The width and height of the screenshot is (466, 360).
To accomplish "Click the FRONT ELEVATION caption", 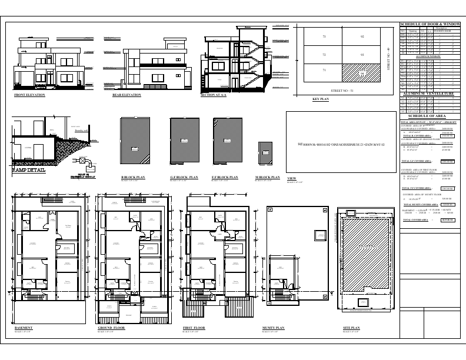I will click(29, 95).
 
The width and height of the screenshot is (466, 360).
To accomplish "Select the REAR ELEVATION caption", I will click(127, 95).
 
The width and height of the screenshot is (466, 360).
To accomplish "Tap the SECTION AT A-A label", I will click(214, 95).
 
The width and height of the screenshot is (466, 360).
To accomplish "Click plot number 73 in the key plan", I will click(324, 37).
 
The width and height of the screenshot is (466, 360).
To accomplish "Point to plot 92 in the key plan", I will click(362, 37).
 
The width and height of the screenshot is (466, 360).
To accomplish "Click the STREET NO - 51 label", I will click(342, 91).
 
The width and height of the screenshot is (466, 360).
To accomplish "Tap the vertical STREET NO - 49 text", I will click(389, 59).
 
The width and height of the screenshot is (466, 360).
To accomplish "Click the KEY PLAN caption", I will click(321, 100).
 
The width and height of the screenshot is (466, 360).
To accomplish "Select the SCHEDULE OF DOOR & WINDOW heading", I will click(431, 24).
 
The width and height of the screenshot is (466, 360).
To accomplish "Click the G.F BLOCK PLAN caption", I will click(184, 177).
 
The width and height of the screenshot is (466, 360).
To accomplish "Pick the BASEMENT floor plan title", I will click(23, 327).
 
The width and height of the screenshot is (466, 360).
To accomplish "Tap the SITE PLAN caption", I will click(351, 327).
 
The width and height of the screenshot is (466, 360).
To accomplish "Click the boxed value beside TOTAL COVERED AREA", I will click(448, 219).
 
